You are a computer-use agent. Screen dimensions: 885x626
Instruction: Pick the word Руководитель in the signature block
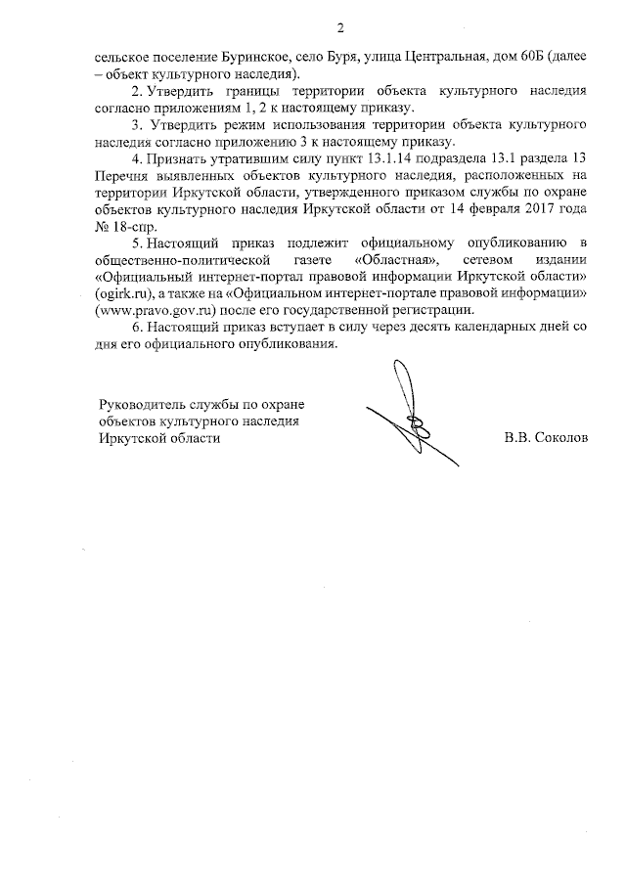click(144, 405)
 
